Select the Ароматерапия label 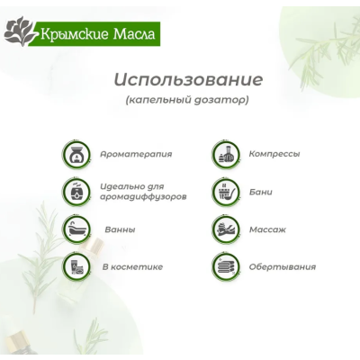coord(136,154)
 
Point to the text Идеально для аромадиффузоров coord(144,191)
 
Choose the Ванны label coord(120,229)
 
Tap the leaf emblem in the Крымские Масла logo coord(21,34)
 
